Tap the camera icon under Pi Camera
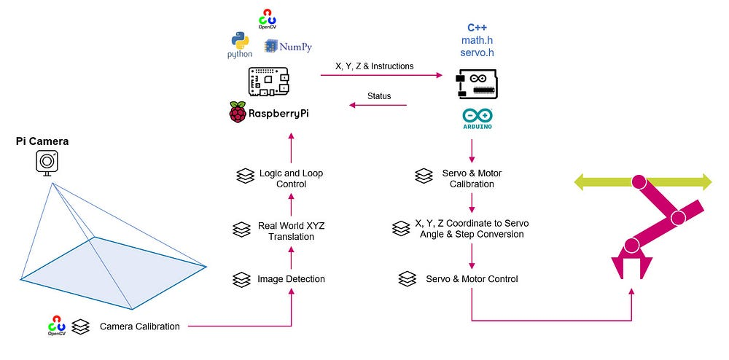(x=47, y=161)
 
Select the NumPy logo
(x=289, y=47)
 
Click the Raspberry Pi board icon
(x=268, y=81)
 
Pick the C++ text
(x=477, y=27)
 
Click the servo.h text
(x=477, y=52)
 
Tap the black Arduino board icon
(x=477, y=84)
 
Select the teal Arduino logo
(x=477, y=118)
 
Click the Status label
(x=378, y=96)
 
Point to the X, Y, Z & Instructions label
(x=374, y=66)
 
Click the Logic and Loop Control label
(x=291, y=179)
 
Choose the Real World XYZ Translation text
(x=291, y=231)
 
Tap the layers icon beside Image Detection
(x=242, y=279)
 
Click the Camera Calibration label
(x=139, y=326)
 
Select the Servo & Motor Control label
(x=472, y=279)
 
